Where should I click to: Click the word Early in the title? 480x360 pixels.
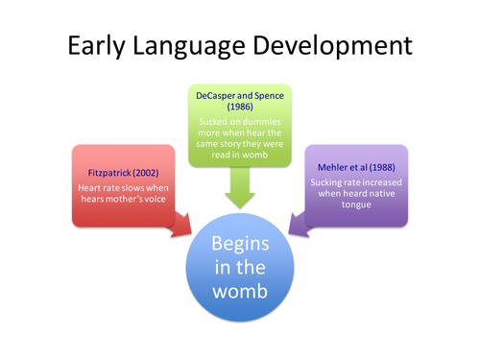click(x=93, y=45)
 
